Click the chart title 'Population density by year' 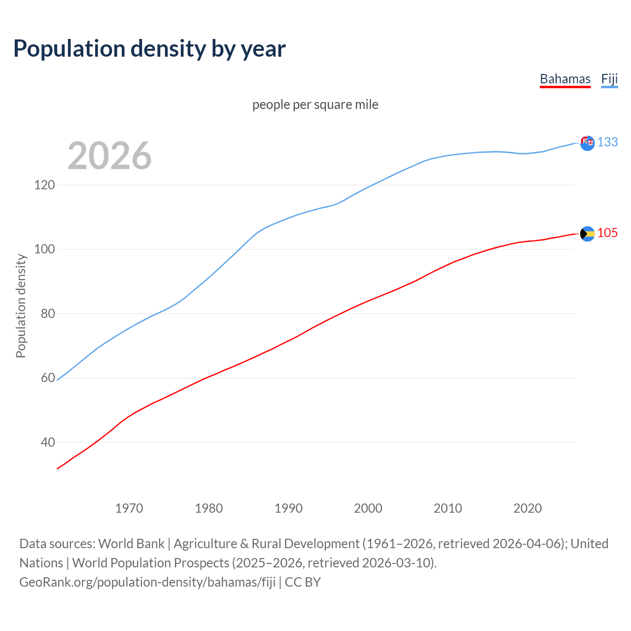click(149, 48)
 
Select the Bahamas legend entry click(565, 79)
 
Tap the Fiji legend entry click(609, 79)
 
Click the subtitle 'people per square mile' click(315, 105)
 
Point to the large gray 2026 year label click(109, 156)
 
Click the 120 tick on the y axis click(44, 185)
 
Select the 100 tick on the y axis click(44, 249)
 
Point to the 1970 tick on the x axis click(129, 508)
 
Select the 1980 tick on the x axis click(209, 508)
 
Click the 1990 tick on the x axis click(288, 508)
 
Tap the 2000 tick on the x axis click(368, 508)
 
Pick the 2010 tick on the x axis click(448, 508)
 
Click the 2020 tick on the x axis click(527, 508)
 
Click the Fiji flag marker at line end click(587, 143)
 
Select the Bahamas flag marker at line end click(587, 234)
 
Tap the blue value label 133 click(607, 142)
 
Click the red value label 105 click(607, 233)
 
